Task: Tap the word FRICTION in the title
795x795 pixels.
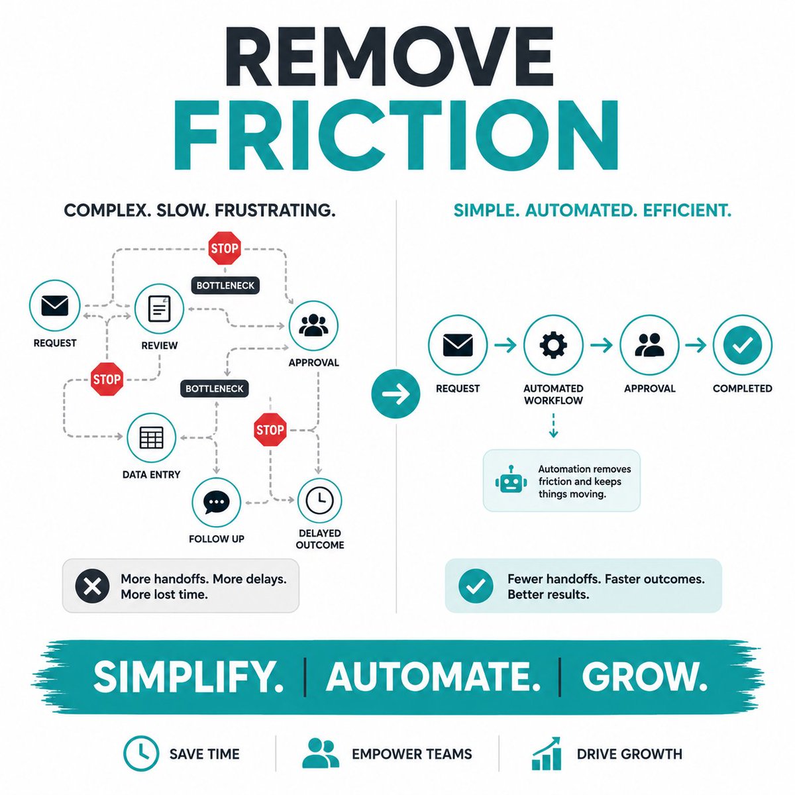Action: [x=396, y=134]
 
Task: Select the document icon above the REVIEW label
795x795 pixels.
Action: [x=159, y=309]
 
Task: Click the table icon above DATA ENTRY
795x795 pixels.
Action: [x=152, y=437]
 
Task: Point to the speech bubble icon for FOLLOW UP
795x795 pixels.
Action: [x=216, y=502]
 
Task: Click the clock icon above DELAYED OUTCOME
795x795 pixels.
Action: [x=320, y=501]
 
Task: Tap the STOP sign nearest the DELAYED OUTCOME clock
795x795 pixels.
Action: [x=270, y=430]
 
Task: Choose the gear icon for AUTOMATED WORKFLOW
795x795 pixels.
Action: [x=553, y=344]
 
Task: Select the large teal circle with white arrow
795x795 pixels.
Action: [x=396, y=394]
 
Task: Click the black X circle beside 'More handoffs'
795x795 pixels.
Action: [x=92, y=586]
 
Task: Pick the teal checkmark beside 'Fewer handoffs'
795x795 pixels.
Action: [x=476, y=586]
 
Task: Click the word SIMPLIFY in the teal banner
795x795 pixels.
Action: [x=188, y=678]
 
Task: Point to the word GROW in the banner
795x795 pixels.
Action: [x=645, y=678]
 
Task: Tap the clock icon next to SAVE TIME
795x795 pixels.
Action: [x=141, y=754]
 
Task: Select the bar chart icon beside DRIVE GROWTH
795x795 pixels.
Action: [x=546, y=753]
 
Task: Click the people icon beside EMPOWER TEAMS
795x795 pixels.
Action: [x=321, y=753]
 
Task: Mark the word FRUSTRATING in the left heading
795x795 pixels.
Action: [x=275, y=211]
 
